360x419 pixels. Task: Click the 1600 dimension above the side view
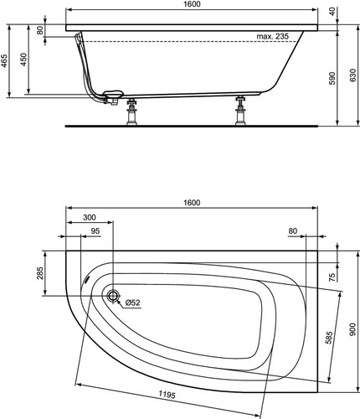193,4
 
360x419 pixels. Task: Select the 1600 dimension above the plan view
192,202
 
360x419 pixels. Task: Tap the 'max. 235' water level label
273,36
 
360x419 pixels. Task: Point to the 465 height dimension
5,61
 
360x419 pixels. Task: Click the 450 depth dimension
23,59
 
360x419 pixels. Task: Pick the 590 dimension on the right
332,79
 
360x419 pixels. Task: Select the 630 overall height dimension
352,75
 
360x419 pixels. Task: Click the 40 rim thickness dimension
332,12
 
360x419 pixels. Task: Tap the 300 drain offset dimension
90,217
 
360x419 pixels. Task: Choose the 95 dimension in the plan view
95,230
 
